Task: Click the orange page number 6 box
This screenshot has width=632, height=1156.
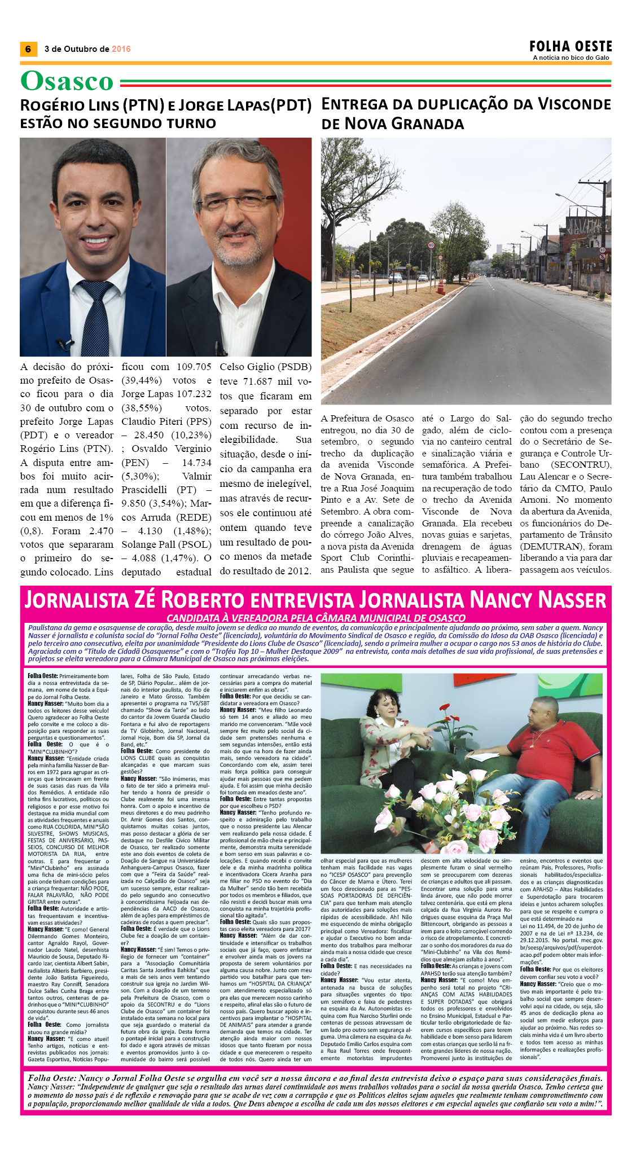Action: click(x=28, y=49)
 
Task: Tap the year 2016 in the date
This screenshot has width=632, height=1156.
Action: click(x=121, y=49)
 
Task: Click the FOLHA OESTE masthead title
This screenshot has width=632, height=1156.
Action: click(x=570, y=46)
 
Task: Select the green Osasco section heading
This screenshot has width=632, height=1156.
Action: click(x=67, y=81)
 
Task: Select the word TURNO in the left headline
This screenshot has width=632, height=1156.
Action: click(x=190, y=124)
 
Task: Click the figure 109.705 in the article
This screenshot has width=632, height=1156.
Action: click(x=194, y=367)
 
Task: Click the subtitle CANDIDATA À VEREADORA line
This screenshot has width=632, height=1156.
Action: click(x=315, y=618)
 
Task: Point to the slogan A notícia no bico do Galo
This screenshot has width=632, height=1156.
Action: click(x=570, y=58)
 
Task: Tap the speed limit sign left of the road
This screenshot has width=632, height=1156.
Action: click(x=431, y=245)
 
